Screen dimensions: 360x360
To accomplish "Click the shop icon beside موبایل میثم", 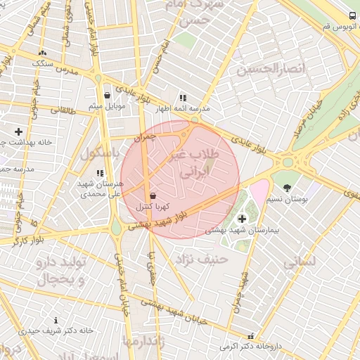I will [107, 95].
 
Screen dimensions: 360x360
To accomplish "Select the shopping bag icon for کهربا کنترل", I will [153, 195].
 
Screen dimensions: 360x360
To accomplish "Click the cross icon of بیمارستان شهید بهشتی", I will [243, 219].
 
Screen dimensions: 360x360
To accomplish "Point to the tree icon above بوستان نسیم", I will [287, 186].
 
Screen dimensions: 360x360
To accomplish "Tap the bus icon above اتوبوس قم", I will [352, 15].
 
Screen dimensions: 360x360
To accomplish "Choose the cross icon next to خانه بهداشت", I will [18, 131].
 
